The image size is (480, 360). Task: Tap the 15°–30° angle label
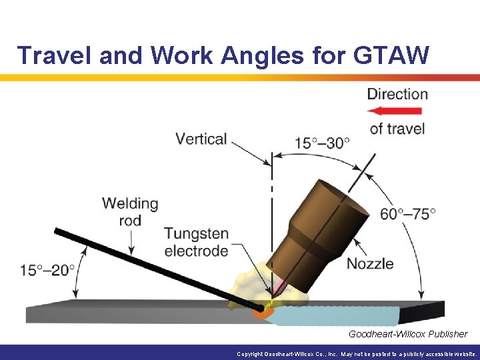(323, 143)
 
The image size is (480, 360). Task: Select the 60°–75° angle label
(407, 213)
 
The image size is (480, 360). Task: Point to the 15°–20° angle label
(47, 270)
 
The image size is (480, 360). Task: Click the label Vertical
(201, 139)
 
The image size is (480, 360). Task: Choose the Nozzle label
(370, 263)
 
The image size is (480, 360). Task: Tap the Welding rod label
(130, 211)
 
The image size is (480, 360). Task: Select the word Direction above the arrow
(397, 94)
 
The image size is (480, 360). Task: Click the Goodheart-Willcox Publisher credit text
(407, 334)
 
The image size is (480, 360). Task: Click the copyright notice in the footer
(357, 354)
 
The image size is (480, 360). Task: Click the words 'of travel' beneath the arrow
(397, 128)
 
